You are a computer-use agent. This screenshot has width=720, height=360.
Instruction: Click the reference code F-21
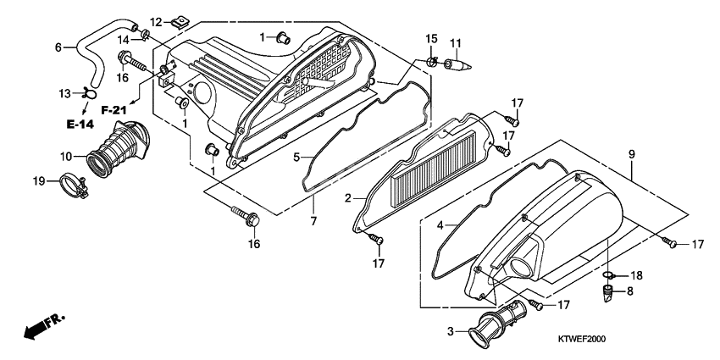click(x=114, y=110)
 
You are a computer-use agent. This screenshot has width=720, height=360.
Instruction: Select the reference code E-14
click(x=80, y=125)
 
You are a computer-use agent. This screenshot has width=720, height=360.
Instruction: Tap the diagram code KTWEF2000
click(x=582, y=340)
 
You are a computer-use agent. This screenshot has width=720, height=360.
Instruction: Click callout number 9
click(x=631, y=154)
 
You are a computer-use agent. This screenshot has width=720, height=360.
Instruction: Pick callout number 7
click(x=313, y=221)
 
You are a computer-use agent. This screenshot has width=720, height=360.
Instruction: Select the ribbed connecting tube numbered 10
click(x=118, y=149)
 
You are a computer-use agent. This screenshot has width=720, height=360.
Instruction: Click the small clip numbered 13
click(x=90, y=94)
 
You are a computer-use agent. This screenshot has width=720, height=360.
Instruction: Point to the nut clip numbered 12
click(x=180, y=23)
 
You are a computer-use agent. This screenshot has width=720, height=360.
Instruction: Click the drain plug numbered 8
click(x=609, y=293)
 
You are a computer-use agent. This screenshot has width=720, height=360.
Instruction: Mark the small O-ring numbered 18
click(x=607, y=275)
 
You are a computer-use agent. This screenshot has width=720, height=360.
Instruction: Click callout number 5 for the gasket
click(x=296, y=158)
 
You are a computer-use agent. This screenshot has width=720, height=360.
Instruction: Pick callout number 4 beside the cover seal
click(x=440, y=225)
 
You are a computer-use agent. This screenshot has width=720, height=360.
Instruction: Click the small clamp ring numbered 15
click(x=431, y=62)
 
